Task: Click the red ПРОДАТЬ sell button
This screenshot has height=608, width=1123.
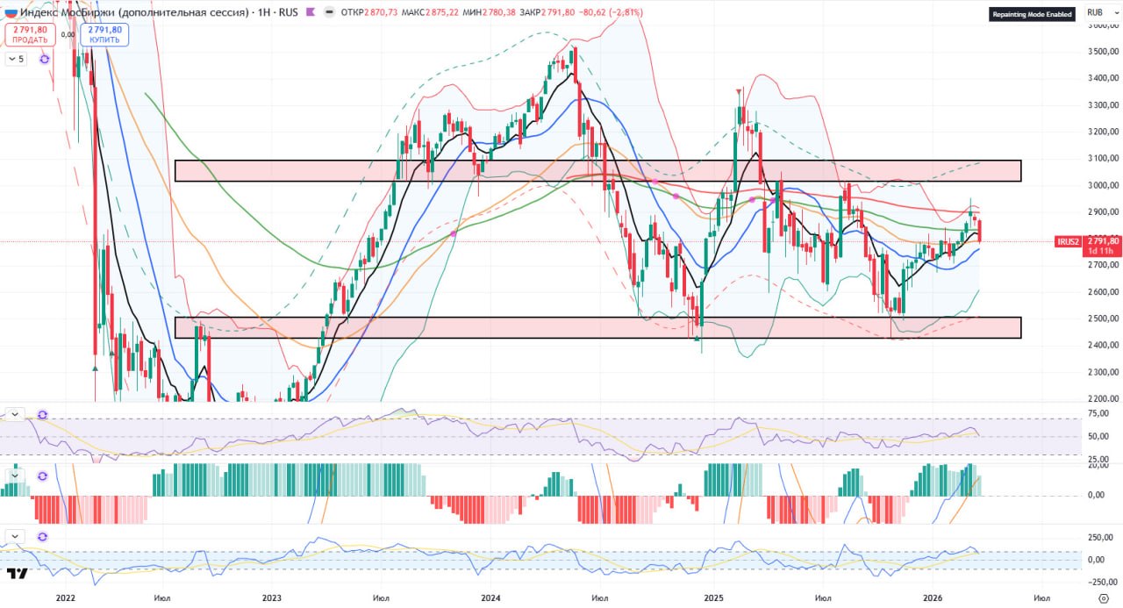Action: point(30,34)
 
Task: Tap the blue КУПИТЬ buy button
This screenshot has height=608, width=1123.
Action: point(104,34)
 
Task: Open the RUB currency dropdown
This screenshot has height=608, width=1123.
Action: point(1098,11)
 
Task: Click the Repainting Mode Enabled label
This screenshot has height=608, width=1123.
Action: point(1032,14)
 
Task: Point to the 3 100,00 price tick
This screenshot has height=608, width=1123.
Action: point(1102,158)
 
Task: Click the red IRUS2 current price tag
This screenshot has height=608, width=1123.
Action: point(1089,245)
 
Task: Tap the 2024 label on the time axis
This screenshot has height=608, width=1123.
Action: point(490,598)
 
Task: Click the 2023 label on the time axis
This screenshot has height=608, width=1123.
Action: point(271,598)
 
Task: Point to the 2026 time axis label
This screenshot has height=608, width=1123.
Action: point(933,598)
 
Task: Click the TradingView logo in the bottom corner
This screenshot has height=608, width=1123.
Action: point(17,574)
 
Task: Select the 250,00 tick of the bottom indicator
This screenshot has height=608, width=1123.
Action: point(1102,538)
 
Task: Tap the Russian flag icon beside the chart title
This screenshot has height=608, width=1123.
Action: point(11,12)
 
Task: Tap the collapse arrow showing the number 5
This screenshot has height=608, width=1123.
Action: point(16,59)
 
